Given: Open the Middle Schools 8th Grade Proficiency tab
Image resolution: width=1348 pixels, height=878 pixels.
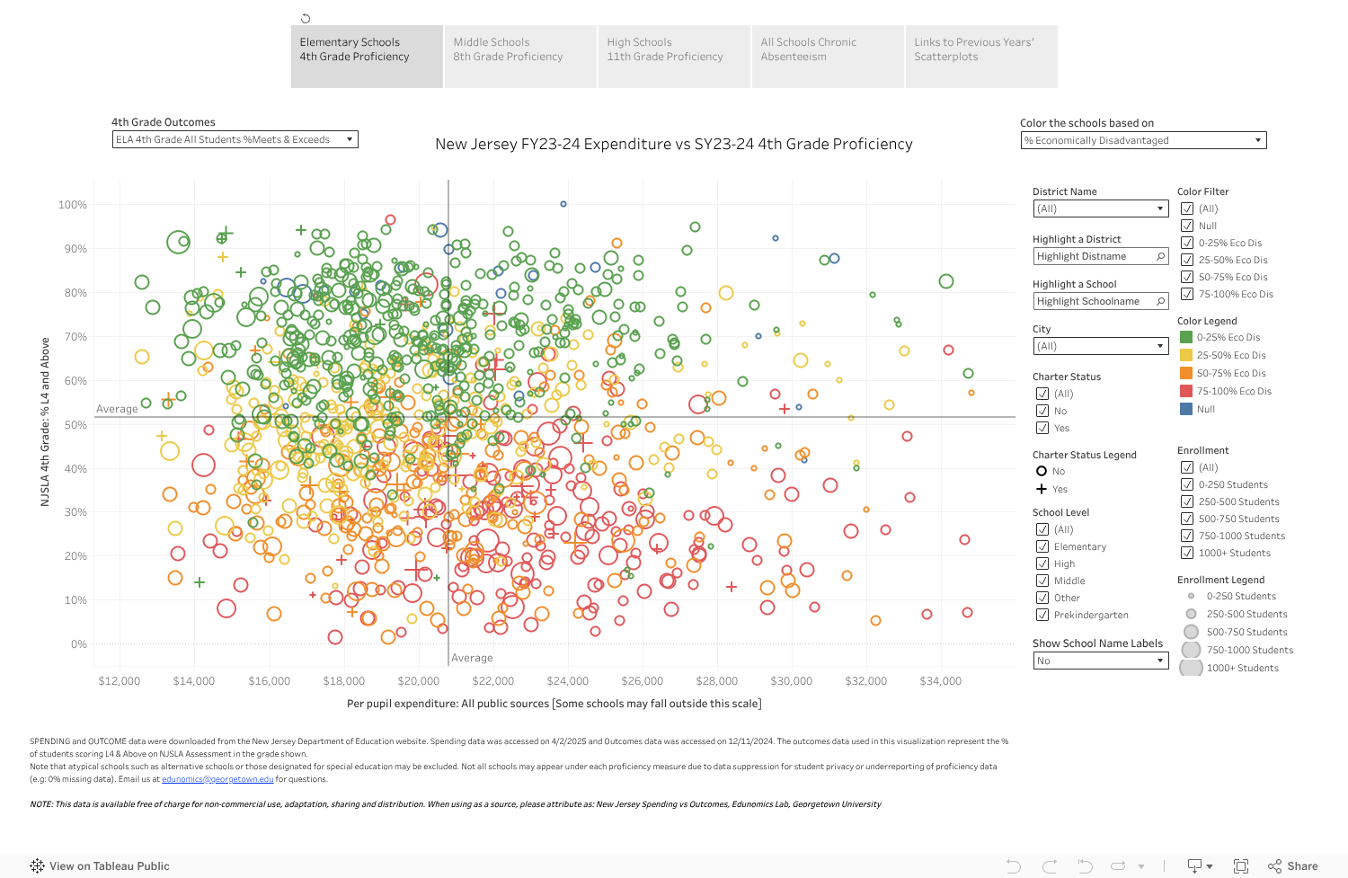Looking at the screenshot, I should (520, 56).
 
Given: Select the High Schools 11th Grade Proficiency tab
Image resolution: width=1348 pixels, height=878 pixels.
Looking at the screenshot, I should (673, 56).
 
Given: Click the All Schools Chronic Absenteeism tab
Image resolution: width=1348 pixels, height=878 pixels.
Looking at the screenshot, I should (827, 56).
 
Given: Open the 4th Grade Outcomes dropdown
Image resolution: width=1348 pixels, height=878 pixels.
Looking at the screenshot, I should (235, 139).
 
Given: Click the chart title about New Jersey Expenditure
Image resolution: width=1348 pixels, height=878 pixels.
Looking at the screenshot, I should (673, 144).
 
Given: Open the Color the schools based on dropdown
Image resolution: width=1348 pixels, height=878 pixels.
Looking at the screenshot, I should (1143, 140).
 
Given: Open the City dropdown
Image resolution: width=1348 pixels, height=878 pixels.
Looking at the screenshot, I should (1100, 346).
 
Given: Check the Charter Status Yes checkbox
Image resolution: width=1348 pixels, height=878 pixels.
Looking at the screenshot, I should (1042, 428).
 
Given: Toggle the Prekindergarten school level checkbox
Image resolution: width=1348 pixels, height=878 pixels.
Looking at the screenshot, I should (1042, 615).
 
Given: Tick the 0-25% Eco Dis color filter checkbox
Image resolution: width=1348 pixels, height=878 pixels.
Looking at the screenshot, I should (1187, 243).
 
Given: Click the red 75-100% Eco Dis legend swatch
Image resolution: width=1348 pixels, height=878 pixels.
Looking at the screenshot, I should (1186, 391).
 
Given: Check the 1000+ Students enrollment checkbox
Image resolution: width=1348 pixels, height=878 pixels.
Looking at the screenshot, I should (1187, 553).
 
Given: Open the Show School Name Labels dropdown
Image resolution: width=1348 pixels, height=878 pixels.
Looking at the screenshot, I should (1100, 661).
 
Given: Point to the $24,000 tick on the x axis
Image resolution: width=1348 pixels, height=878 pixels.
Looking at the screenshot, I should (568, 681).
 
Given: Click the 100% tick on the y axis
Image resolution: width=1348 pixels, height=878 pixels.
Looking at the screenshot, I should (73, 205).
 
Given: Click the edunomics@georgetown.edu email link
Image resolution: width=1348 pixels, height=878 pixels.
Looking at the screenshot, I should (217, 779).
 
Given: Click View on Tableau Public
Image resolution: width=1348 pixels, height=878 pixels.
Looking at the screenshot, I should (100, 866).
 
